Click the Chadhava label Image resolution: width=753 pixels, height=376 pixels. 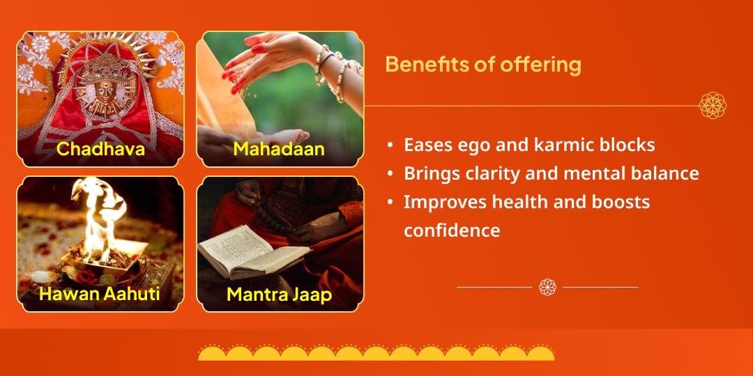[100, 148]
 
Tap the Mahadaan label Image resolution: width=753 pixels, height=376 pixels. [279, 148]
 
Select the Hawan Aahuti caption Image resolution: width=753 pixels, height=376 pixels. [100, 293]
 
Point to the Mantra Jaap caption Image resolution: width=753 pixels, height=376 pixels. [279, 294]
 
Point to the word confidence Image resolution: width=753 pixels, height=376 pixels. [452, 230]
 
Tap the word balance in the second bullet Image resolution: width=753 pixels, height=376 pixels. [664, 173]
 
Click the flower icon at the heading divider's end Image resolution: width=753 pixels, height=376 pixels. [713, 106]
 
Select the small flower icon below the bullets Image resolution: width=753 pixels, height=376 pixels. [547, 287]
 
